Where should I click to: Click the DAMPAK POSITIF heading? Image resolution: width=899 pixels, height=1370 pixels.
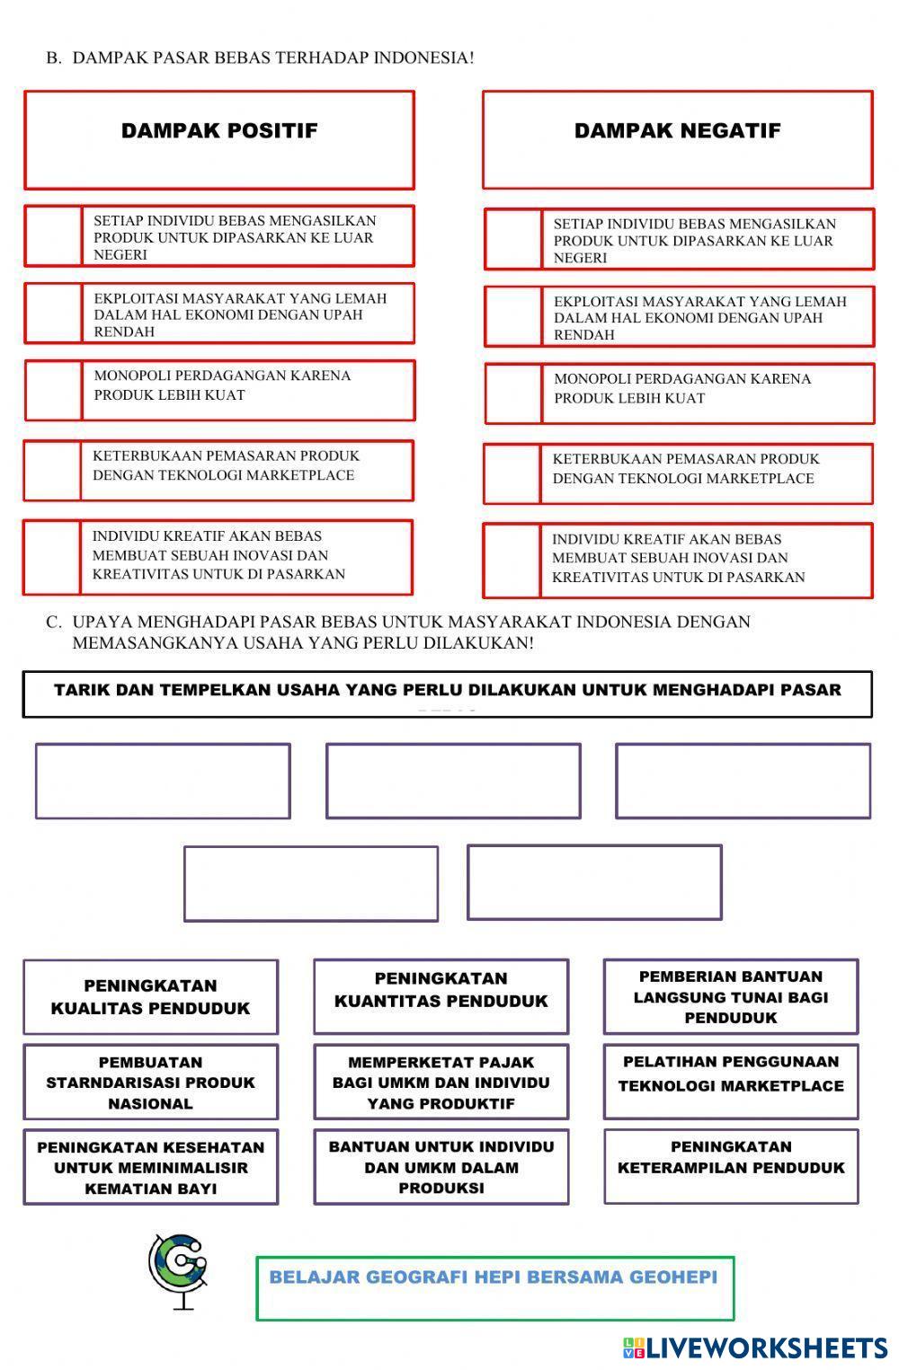tap(219, 131)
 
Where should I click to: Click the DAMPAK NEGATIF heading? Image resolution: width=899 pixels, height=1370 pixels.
tap(677, 131)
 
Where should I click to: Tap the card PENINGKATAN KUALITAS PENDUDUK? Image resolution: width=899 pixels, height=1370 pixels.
tap(150, 997)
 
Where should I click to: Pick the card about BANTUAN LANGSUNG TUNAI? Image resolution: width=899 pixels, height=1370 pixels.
tap(730, 997)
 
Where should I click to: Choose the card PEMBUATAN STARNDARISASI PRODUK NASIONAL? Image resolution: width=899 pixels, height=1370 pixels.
tap(150, 1083)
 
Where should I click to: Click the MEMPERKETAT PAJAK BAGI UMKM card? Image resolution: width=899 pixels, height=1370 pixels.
tap(441, 1083)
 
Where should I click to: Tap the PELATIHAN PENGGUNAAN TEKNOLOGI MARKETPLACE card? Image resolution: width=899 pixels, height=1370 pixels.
tap(730, 1074)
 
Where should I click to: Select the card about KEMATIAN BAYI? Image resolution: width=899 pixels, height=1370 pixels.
tap(150, 1168)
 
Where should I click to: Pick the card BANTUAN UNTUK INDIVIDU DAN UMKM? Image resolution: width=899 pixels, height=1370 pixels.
tap(441, 1167)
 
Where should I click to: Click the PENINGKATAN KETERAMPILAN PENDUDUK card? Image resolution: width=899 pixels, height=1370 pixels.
tap(730, 1158)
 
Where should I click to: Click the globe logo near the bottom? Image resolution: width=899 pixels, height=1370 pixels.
tap(179, 1269)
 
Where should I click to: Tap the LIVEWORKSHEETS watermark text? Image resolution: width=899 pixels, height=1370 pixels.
tap(765, 1348)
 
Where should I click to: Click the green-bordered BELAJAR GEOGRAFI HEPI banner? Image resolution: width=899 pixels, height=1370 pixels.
tap(494, 1287)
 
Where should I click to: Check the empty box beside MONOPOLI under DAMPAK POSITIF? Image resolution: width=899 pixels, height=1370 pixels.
tap(54, 391)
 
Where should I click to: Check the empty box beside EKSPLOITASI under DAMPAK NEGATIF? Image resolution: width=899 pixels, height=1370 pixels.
tap(513, 317)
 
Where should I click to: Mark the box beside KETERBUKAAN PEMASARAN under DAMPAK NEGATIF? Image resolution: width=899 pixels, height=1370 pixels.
tap(512, 473)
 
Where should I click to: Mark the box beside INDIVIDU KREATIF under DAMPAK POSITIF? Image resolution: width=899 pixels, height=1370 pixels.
tap(52, 557)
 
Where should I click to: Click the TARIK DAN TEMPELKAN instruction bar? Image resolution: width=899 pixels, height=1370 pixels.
tap(447, 694)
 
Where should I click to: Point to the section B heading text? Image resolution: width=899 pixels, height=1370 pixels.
tap(260, 57)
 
